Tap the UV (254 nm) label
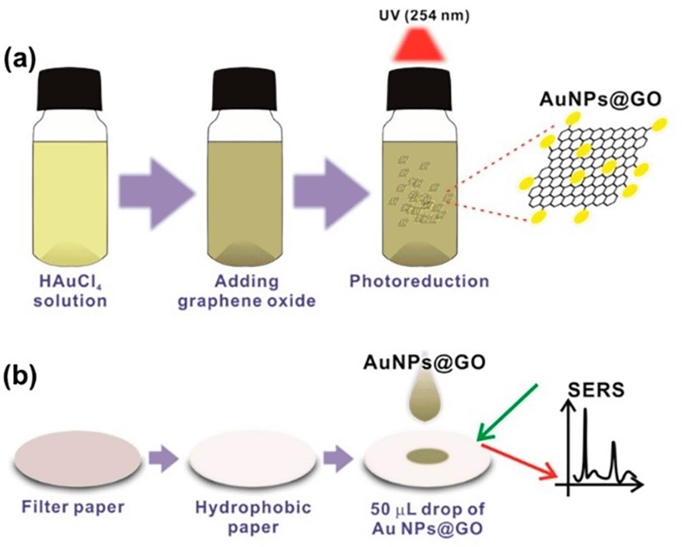(x=424, y=16)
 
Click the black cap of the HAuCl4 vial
(x=69, y=88)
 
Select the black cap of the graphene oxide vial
(x=244, y=88)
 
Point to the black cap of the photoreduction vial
(x=419, y=88)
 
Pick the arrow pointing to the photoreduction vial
(x=331, y=193)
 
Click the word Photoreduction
(x=419, y=281)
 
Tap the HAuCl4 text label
(x=70, y=281)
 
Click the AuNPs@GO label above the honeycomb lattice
(x=600, y=99)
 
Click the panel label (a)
(x=20, y=60)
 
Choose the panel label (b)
(x=20, y=377)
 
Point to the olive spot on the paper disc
(x=427, y=456)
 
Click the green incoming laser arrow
(x=507, y=412)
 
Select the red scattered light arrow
(x=520, y=461)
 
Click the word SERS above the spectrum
(x=596, y=389)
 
